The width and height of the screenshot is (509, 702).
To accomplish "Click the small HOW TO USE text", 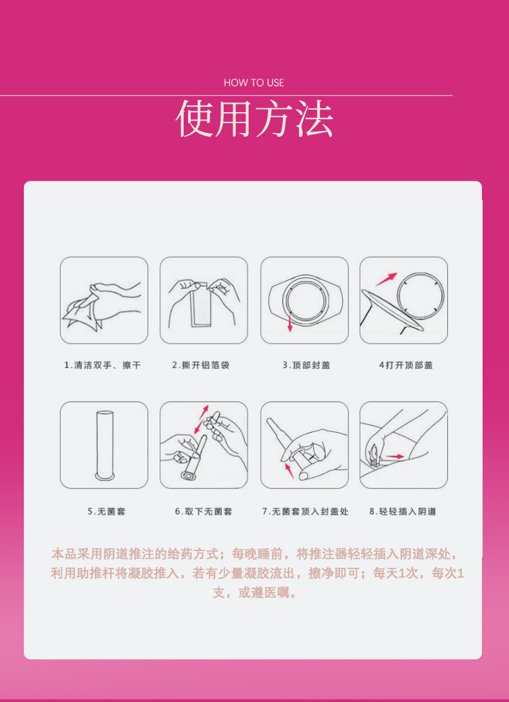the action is pos(254,83).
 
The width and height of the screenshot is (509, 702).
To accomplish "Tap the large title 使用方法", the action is pos(254,119).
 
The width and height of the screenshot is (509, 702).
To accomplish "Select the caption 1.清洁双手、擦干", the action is pos(102,366).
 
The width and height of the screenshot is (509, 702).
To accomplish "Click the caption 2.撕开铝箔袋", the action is pos(200,366).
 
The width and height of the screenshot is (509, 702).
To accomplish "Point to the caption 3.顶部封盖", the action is pos(306,366).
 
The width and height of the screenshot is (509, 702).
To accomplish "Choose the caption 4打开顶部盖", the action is pos(406,366).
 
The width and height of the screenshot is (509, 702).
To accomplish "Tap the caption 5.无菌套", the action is pos(106,511).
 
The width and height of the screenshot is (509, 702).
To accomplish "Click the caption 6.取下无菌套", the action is pos(204,511).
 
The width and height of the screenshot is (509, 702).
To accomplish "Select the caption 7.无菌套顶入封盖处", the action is pos(305,511).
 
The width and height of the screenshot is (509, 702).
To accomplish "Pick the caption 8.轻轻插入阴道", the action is pos(403,511).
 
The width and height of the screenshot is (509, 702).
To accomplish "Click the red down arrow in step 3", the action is pos(290,323).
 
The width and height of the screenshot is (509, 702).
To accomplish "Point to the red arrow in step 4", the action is pos(386,279).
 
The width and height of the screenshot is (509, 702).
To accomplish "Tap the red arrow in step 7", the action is pos(289,471).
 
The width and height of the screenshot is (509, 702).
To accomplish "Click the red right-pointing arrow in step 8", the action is pos(395,456).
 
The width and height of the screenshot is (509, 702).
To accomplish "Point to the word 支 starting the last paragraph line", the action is pos(218,594).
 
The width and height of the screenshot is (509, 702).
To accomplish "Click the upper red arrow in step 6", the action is pos(204,411).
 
